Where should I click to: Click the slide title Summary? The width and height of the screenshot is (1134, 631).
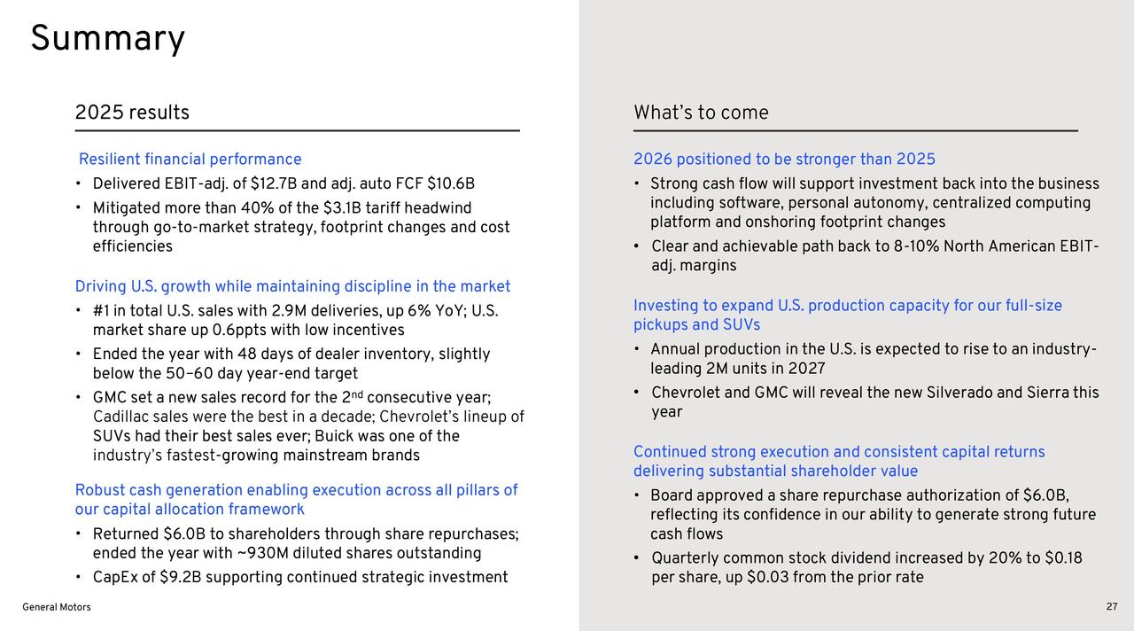[108, 39]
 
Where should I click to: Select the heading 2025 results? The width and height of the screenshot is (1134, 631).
[132, 113]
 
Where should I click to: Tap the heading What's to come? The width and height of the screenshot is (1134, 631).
[701, 113]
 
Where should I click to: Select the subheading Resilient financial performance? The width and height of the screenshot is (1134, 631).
[190, 159]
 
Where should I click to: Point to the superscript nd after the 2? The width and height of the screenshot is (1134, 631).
[357, 393]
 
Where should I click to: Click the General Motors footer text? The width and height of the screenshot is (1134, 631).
[57, 607]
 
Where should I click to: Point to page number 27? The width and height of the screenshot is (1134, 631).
[1112, 607]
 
